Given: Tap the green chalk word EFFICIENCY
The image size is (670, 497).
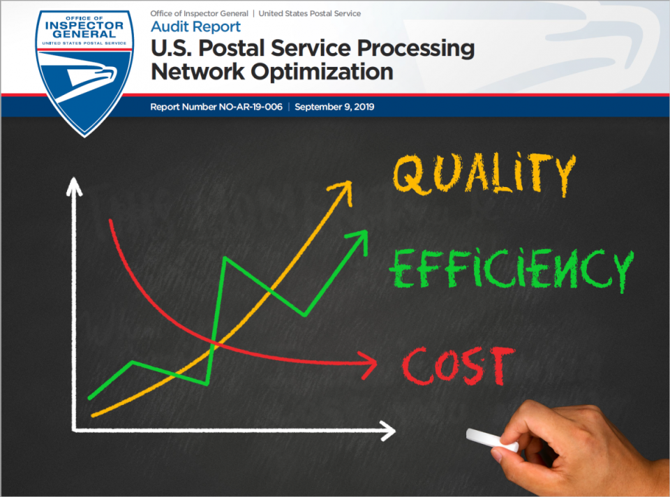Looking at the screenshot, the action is (x=511, y=270).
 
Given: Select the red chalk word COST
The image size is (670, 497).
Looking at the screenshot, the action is (x=459, y=365).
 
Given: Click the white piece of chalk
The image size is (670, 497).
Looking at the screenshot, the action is (x=492, y=440).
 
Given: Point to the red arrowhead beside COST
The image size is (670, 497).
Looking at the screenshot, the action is (x=368, y=365).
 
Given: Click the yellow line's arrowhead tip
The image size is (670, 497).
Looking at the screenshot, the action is (x=351, y=181).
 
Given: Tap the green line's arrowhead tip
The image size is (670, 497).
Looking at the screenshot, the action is (x=367, y=231).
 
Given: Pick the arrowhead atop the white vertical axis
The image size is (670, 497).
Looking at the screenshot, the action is (x=74, y=186).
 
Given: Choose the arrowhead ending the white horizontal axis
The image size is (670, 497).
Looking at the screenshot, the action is (x=387, y=431).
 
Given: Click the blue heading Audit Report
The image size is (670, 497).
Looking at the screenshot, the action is (x=195, y=27).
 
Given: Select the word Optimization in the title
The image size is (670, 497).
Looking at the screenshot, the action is (x=322, y=71).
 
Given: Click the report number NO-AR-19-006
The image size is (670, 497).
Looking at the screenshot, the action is (x=251, y=107).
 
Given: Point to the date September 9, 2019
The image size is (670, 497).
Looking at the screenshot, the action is (x=334, y=107).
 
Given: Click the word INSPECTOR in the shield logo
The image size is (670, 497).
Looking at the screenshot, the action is (x=84, y=26).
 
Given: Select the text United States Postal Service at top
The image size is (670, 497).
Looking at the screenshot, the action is (x=309, y=14).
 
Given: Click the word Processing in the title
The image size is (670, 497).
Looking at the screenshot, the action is (x=416, y=48).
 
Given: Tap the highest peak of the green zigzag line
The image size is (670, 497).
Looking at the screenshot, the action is (x=225, y=258).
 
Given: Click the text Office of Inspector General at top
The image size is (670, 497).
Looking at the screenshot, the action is (x=199, y=14).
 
